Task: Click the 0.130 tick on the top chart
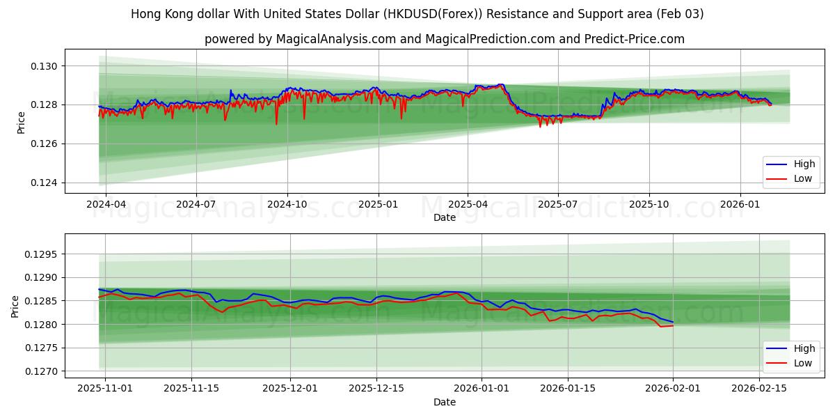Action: pos(45,66)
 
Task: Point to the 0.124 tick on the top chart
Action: pos(45,183)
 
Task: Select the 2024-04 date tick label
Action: pos(106,205)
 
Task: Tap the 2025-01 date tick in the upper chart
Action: pos(378,205)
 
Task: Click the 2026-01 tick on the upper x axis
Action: pos(740,205)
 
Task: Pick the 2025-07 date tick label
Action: pos(558,205)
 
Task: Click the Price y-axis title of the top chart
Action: pos(22,122)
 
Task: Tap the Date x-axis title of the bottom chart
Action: pos(445,402)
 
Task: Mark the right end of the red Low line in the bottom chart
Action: pos(673,326)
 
